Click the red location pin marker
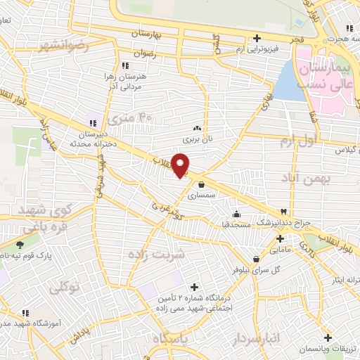coord(181,165)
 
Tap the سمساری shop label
coord(202,195)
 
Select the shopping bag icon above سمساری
coord(202,185)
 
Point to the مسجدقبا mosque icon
coord(236,214)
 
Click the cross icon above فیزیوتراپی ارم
coord(257,39)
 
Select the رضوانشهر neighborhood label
coord(65,47)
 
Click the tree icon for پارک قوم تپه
coord(20,245)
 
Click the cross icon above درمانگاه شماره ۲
coord(195,287)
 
